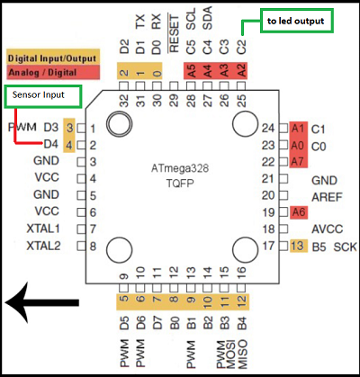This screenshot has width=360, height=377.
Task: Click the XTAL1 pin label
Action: (x=43, y=229)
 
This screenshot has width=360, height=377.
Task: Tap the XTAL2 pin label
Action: (x=43, y=245)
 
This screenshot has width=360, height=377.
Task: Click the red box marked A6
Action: (x=299, y=211)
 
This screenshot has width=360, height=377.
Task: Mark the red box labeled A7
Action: (x=299, y=162)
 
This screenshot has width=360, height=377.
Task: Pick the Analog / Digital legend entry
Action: (x=42, y=70)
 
